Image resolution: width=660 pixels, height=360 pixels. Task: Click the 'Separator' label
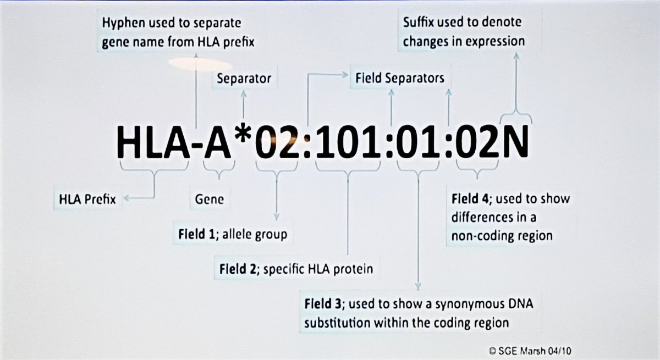(244, 79)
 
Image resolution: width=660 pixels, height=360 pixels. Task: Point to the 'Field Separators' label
(397, 78)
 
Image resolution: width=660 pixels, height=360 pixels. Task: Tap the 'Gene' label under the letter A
(209, 200)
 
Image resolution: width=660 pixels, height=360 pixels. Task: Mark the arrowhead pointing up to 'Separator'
(244, 93)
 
